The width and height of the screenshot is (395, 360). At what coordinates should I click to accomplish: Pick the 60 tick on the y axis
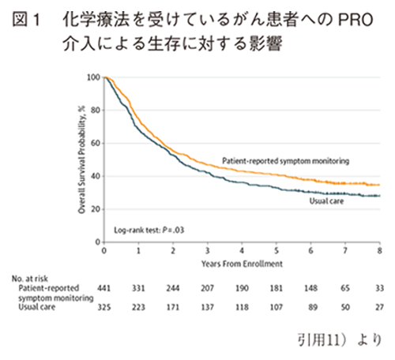(96, 143)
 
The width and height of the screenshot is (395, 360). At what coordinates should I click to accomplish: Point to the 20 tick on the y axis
(96, 209)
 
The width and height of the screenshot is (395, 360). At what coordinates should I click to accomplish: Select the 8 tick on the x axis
(379, 249)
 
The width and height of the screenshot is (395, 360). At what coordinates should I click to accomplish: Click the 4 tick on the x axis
(242, 249)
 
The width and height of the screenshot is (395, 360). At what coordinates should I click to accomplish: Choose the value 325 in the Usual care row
(103, 306)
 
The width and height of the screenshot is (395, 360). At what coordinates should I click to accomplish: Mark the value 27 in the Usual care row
(380, 306)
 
